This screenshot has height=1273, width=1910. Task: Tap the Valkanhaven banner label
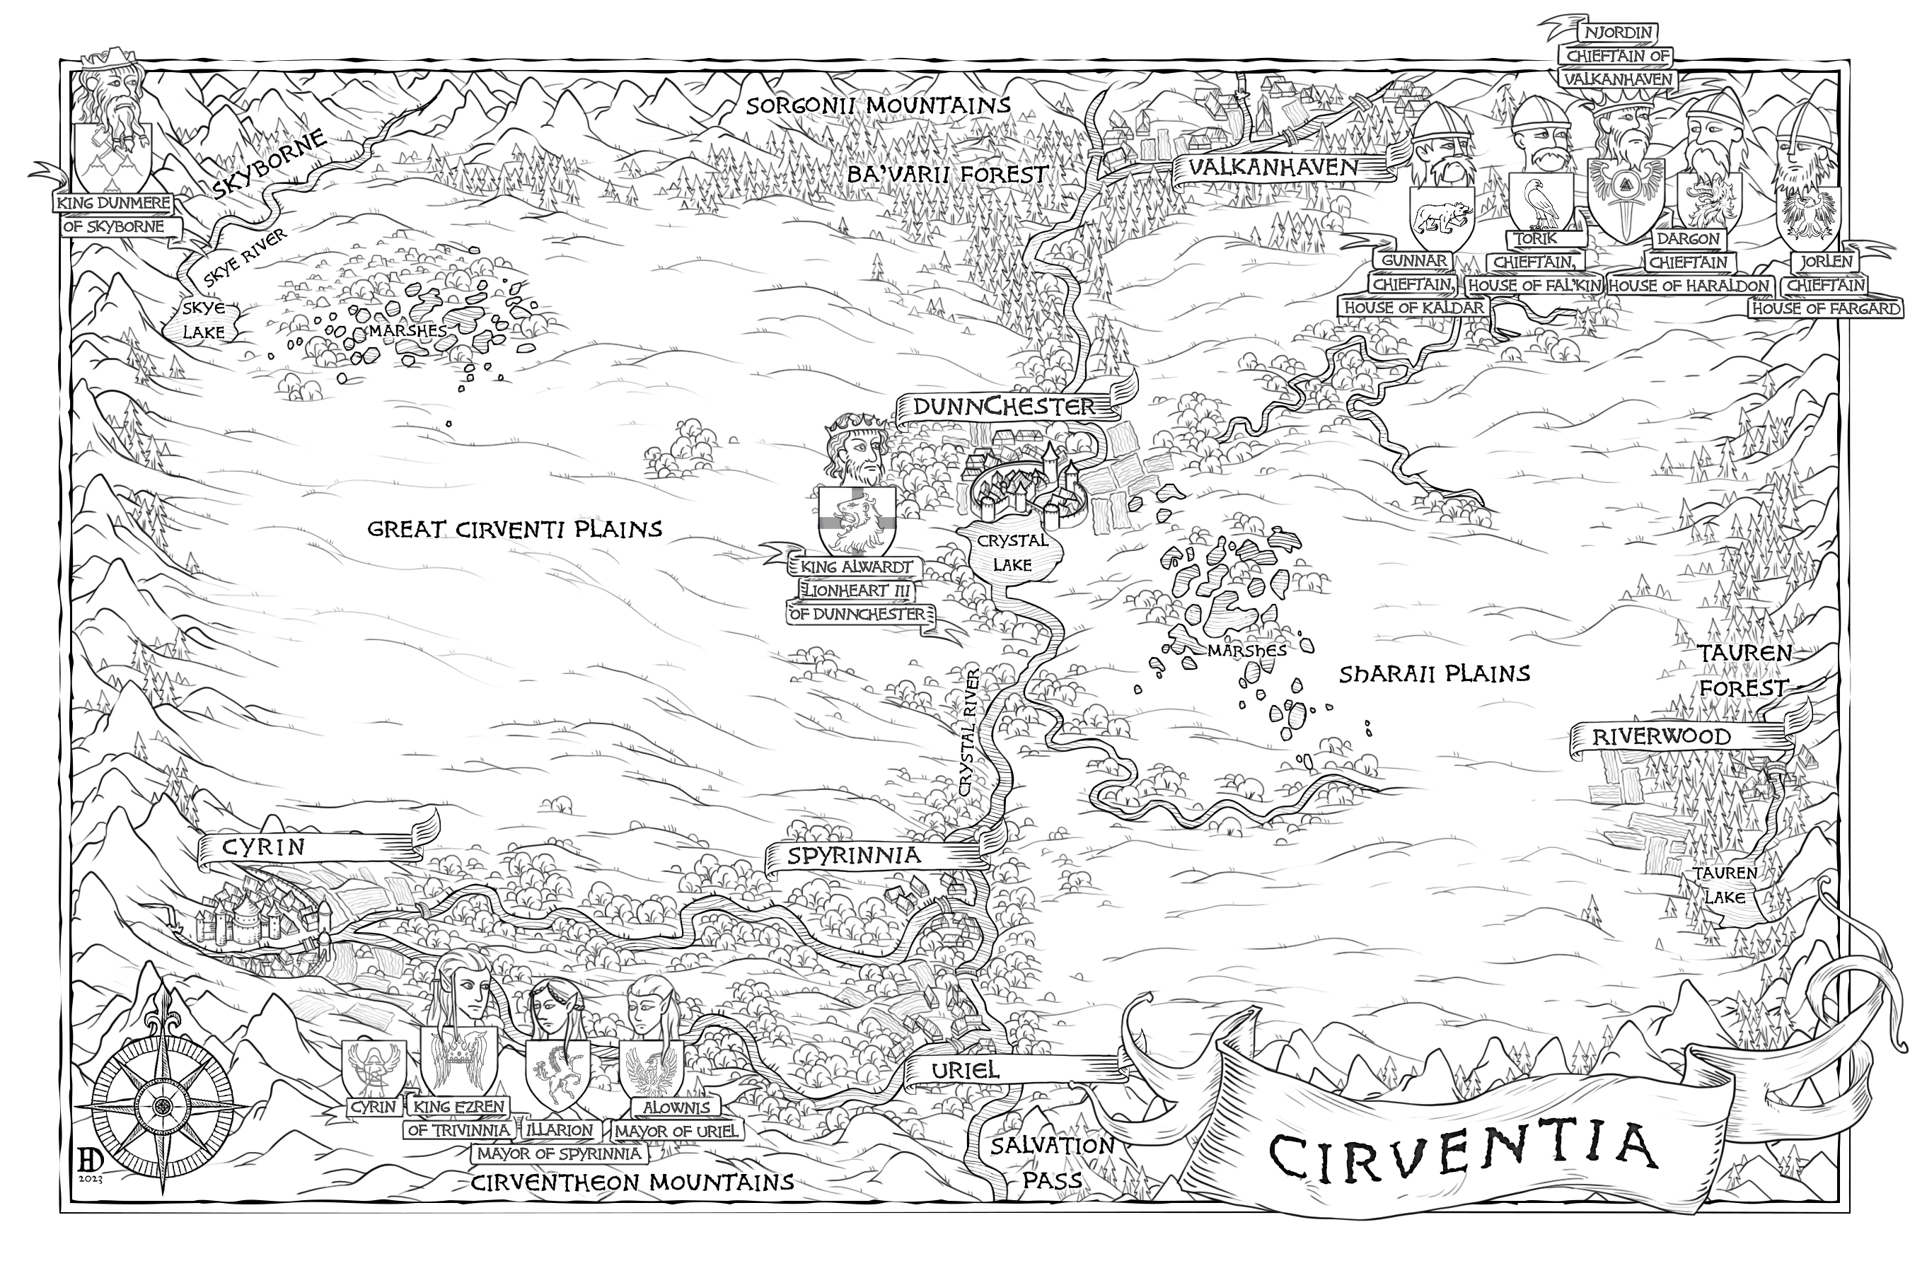(x=1273, y=168)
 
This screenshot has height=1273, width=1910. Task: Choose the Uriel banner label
(x=965, y=1070)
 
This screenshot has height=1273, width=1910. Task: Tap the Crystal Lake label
(x=1012, y=553)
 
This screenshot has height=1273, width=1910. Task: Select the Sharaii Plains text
(x=1434, y=674)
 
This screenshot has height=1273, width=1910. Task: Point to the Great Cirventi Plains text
(x=515, y=529)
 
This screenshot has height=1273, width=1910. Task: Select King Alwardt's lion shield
(x=857, y=520)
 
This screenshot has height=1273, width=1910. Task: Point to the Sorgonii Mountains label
(x=878, y=105)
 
